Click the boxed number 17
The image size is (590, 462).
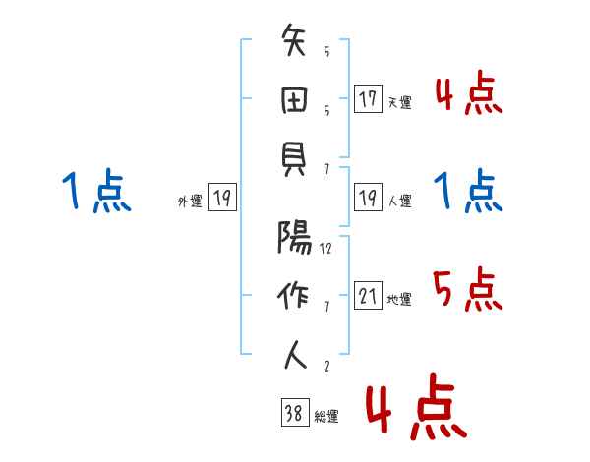point(368,99)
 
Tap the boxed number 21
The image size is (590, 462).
point(368,296)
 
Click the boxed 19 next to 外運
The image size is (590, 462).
point(222,199)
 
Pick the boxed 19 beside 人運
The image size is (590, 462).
point(368,199)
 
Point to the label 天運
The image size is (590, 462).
point(399,102)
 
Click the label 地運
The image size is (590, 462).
point(399,299)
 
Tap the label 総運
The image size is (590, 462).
point(326,417)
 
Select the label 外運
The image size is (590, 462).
point(189,202)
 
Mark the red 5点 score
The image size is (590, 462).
point(467,289)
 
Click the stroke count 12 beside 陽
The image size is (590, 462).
point(325,249)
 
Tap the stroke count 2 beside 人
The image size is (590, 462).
point(325,367)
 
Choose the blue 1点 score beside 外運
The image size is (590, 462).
point(95,191)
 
